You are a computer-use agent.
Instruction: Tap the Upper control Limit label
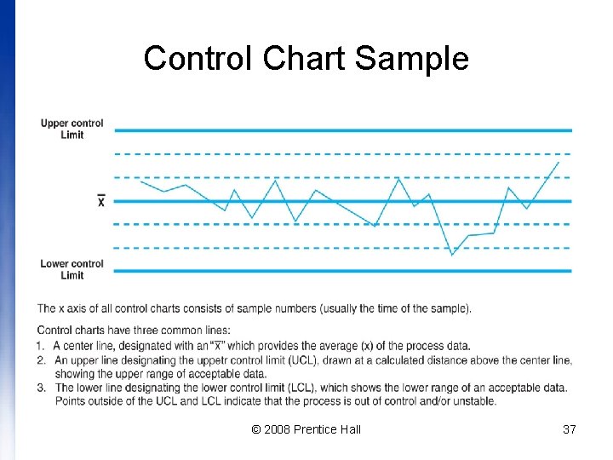72,129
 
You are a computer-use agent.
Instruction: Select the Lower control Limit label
72,269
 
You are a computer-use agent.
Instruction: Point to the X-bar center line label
101,201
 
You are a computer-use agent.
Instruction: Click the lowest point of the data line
452,255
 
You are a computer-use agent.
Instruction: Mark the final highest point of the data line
559,161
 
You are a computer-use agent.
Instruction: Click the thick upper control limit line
341,130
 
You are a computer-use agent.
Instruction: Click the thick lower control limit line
341,271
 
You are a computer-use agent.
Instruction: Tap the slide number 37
570,429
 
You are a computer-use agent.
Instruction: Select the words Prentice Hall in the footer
327,429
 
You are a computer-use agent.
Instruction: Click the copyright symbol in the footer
256,429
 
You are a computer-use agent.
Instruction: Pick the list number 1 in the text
41,346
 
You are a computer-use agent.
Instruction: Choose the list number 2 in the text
41,360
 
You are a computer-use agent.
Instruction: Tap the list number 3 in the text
41,388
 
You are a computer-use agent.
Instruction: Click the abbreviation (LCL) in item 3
296,388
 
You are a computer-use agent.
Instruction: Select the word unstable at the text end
450,401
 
